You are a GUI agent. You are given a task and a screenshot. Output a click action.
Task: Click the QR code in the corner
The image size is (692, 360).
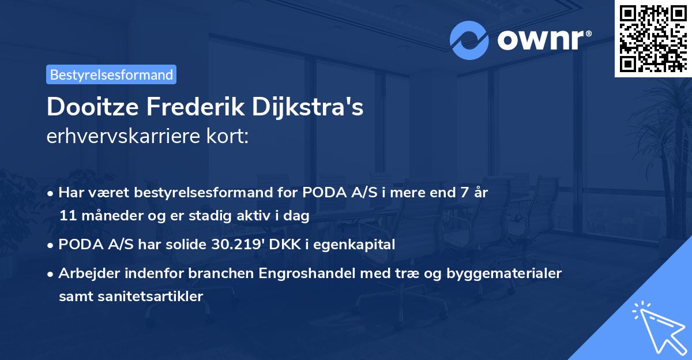pyautogui.click(x=653, y=38)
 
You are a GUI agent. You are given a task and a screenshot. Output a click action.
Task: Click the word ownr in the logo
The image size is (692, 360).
pyautogui.click(x=541, y=40)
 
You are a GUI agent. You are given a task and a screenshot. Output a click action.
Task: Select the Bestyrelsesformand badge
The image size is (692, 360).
pyautogui.click(x=111, y=74)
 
